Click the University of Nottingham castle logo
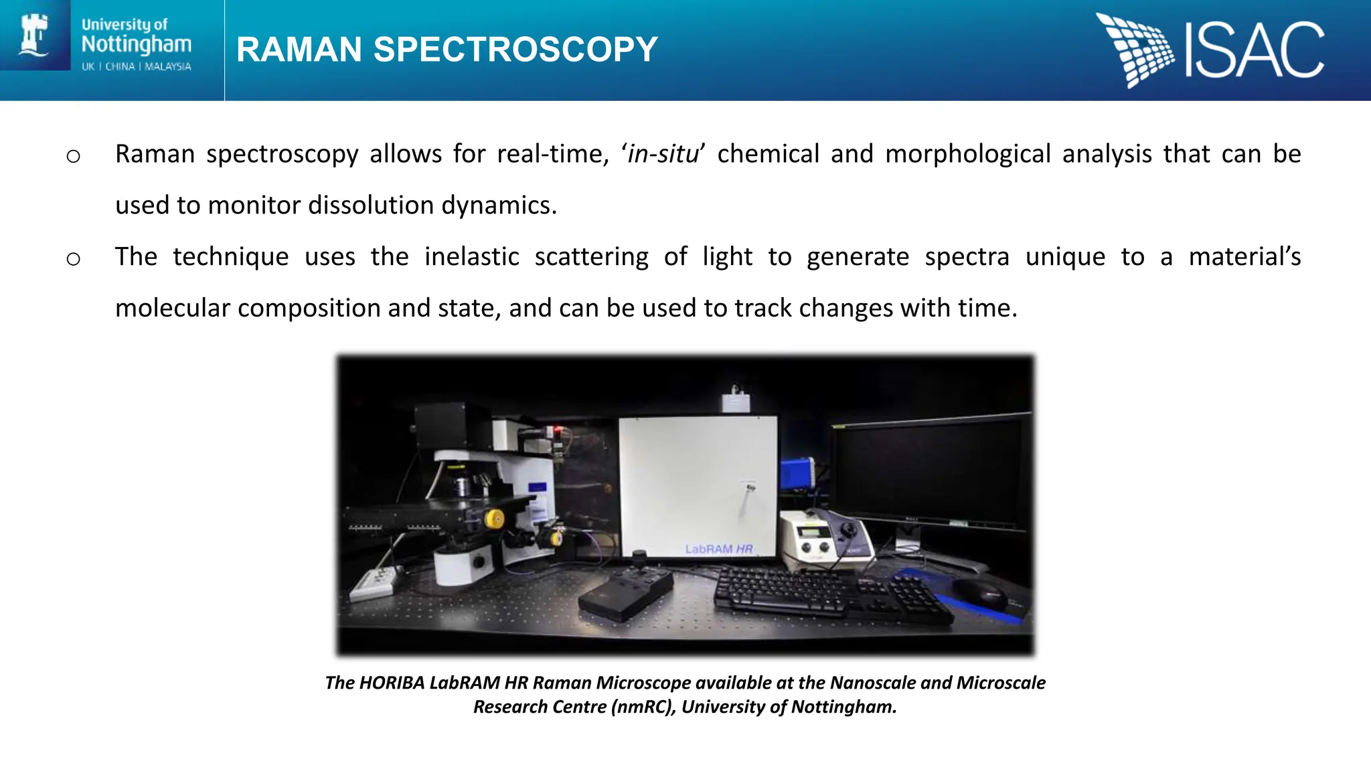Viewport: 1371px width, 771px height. point(35,35)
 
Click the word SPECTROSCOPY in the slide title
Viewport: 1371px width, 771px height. point(515,50)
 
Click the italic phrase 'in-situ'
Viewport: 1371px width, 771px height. point(663,154)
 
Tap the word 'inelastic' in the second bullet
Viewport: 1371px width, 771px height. point(471,257)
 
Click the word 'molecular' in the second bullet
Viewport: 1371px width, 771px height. point(173,308)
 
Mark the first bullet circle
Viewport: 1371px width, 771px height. point(74,157)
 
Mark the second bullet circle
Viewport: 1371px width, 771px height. point(74,259)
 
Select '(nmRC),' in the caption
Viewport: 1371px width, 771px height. point(643,707)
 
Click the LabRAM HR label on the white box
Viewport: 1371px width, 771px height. point(718,549)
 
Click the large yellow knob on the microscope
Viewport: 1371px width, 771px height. point(494,519)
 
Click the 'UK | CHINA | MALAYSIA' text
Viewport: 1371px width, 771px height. point(137,66)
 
